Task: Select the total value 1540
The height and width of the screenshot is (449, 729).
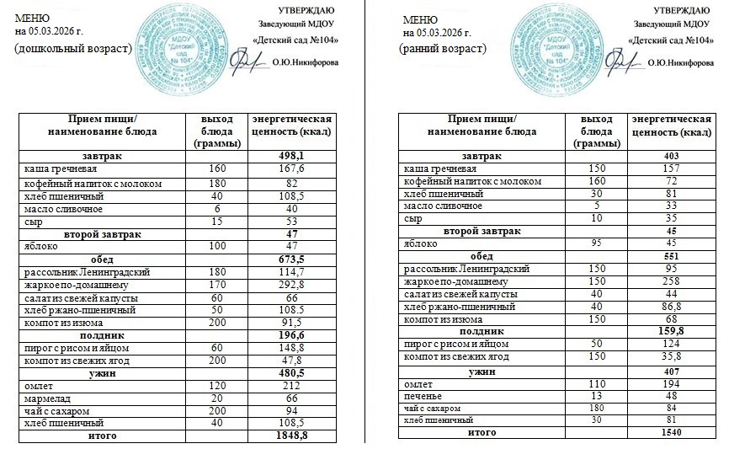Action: [x=671, y=433]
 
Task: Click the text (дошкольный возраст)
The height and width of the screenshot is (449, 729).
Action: [x=74, y=49]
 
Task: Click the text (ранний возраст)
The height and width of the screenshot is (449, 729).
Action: [x=444, y=49]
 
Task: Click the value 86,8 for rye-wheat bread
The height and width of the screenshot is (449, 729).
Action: [x=671, y=307]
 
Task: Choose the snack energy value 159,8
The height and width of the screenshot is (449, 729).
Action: [x=671, y=332]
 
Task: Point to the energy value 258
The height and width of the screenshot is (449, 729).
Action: [x=671, y=281]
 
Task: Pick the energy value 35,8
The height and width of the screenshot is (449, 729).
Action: [x=671, y=357]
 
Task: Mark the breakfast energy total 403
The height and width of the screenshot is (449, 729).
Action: [x=671, y=157]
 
